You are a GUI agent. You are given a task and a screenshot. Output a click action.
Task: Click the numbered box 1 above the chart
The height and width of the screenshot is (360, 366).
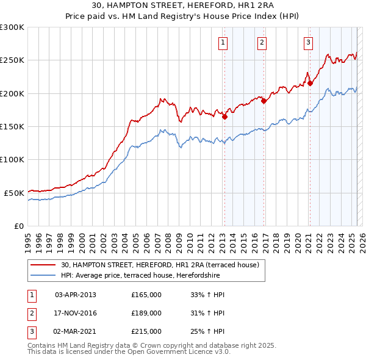[x=223, y=43]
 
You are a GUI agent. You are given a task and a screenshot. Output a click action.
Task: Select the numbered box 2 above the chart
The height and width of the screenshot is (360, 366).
[x=262, y=43]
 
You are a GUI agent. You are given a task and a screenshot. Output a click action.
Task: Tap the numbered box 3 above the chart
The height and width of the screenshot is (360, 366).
[x=308, y=43]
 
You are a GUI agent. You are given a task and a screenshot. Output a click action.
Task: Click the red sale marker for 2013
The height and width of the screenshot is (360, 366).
[x=224, y=117]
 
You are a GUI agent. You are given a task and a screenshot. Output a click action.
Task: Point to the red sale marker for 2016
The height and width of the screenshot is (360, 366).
[x=264, y=101]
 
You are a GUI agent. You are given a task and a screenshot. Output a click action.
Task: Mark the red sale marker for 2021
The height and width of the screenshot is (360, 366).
[x=310, y=84]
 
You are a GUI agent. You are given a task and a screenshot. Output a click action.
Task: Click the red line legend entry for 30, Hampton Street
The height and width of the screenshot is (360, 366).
[x=160, y=265]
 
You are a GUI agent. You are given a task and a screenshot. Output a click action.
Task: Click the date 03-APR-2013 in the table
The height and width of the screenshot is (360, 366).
[x=76, y=295]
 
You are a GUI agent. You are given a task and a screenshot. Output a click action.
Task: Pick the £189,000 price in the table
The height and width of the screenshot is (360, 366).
[x=146, y=313]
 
